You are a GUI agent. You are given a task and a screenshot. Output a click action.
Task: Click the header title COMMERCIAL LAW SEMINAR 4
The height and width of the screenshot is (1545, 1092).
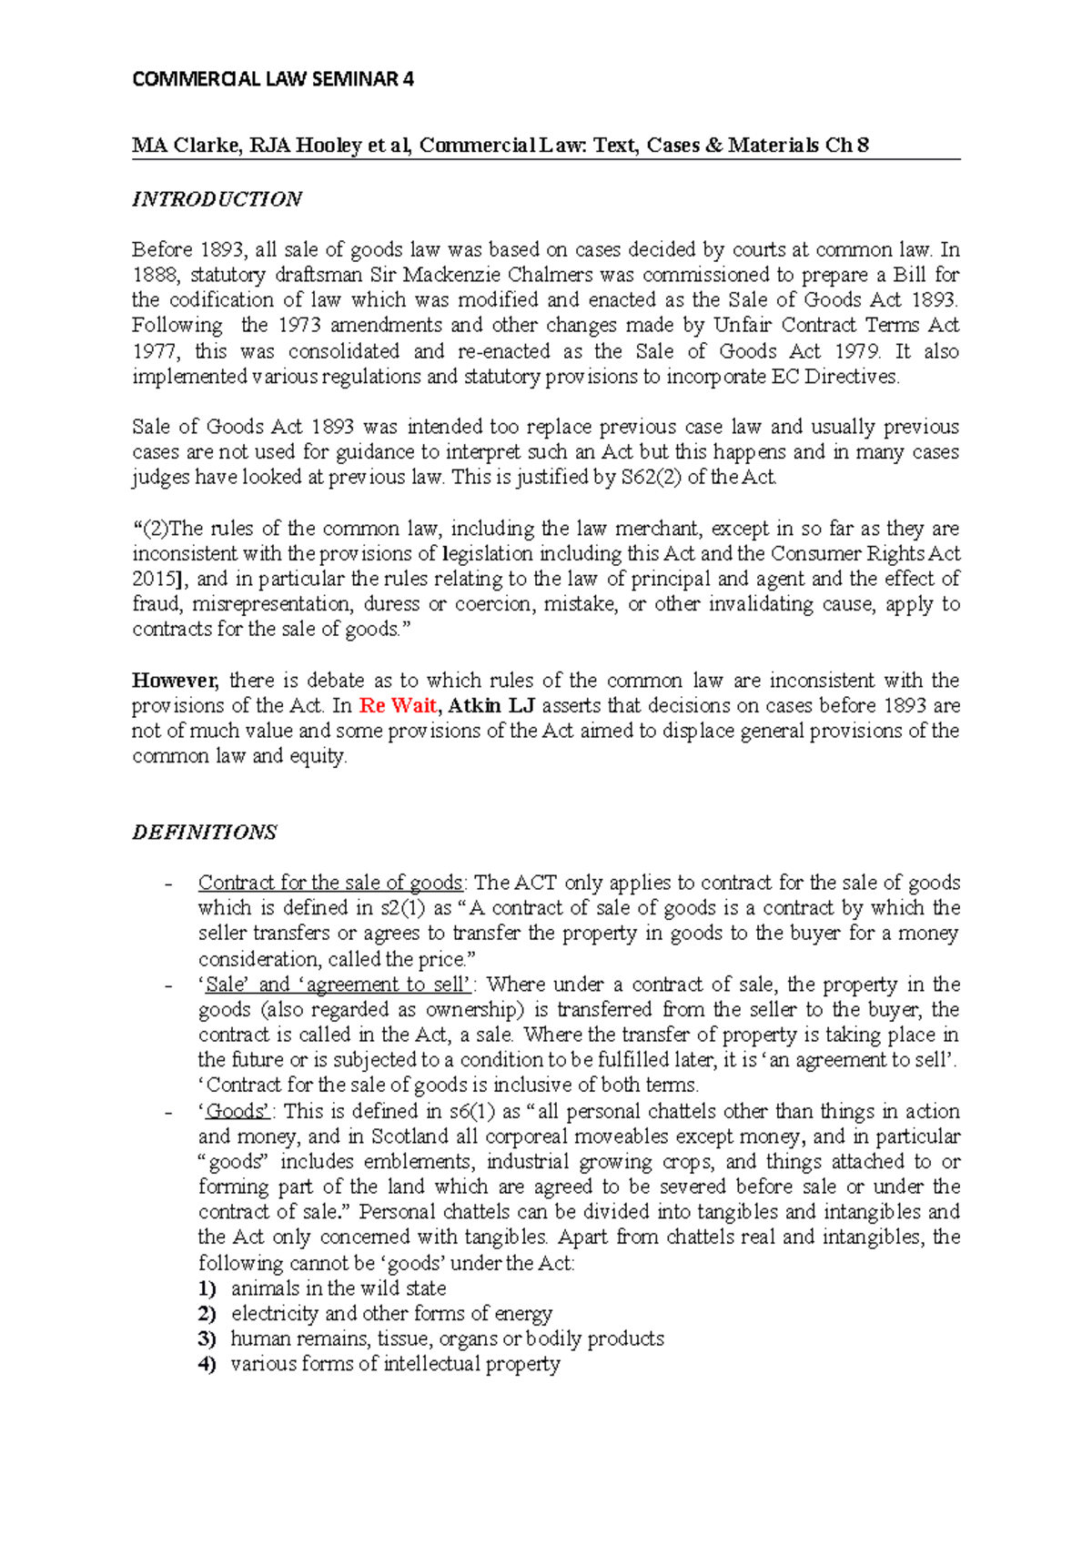click(273, 79)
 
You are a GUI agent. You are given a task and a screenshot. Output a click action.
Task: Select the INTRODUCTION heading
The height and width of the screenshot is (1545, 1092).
click(217, 199)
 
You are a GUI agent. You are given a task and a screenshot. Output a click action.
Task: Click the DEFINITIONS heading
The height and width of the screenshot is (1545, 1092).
click(205, 833)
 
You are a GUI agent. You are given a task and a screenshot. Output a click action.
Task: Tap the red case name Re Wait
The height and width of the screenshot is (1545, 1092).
click(399, 706)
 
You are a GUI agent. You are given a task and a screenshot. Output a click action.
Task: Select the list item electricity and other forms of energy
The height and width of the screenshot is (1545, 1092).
click(391, 1314)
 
